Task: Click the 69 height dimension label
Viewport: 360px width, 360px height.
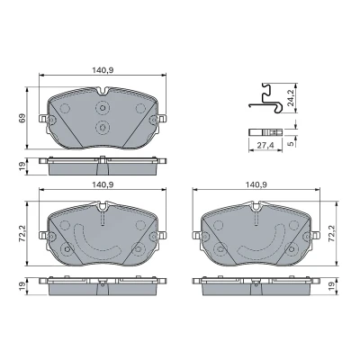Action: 22,118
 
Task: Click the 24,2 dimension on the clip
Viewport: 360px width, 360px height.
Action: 291,98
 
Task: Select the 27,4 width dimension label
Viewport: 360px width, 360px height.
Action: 265,146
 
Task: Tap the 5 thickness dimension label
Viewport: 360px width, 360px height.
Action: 290,144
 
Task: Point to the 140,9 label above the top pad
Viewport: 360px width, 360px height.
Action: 103,70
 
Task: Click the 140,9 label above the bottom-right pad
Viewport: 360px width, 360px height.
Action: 256,184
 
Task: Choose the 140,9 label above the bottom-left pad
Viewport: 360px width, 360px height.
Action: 103,184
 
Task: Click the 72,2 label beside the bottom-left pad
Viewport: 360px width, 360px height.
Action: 22,234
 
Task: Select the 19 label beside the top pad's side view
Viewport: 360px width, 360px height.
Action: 22,166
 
